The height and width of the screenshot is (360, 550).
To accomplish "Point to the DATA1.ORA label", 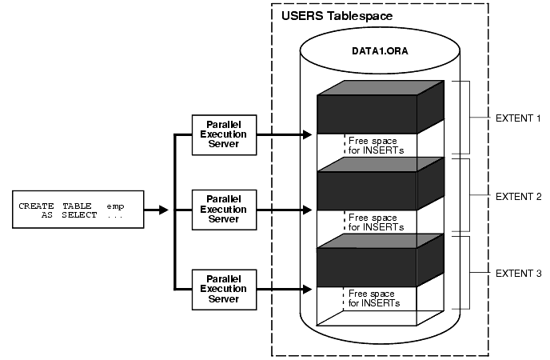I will (x=380, y=50).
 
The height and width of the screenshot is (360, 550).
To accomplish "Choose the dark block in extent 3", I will (x=368, y=267).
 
